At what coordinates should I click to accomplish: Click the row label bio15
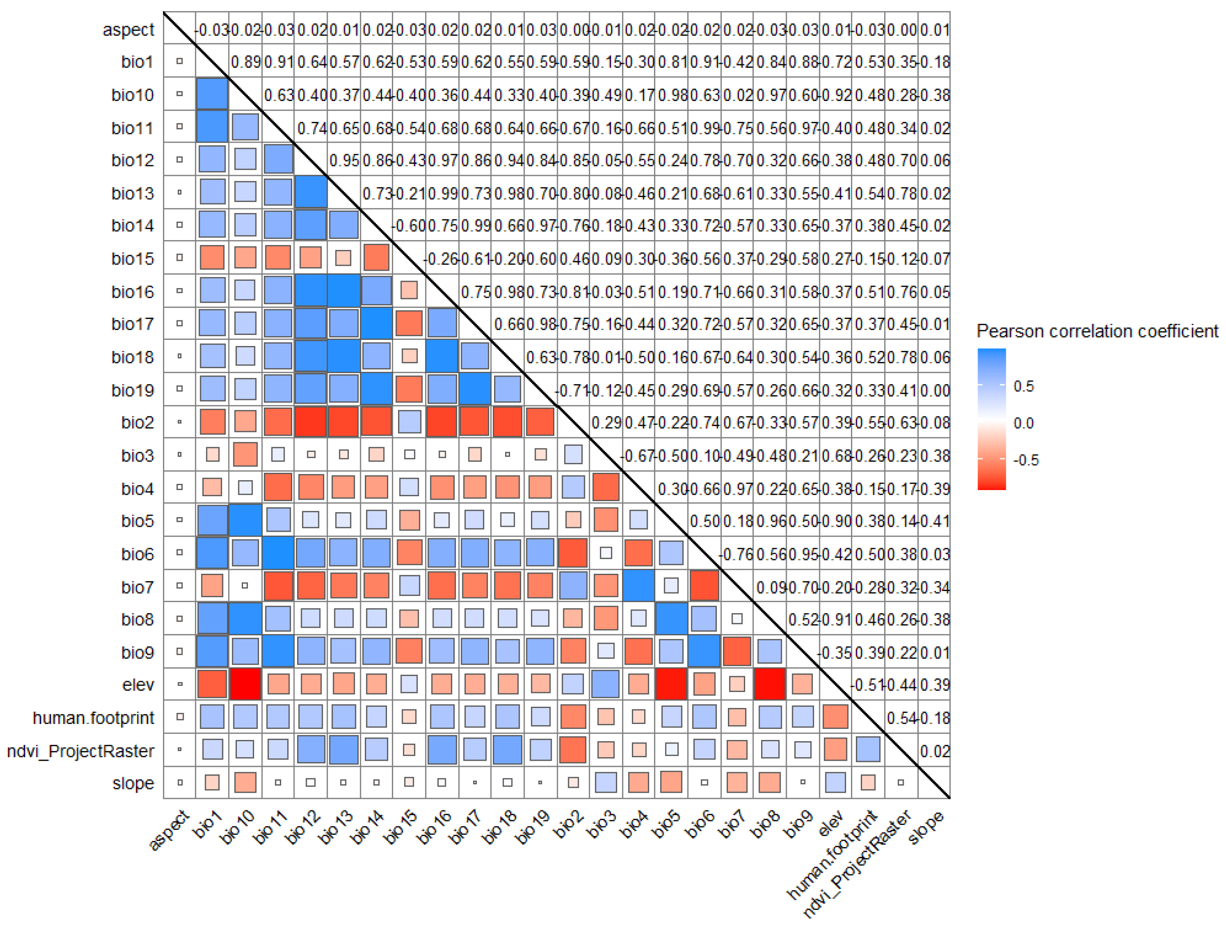pyautogui.click(x=132, y=258)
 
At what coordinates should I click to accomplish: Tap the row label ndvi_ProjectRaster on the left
pyautogui.click(x=81, y=751)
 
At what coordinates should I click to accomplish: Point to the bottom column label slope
pyautogui.click(x=927, y=826)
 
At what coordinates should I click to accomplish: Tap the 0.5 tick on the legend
pyautogui.click(x=1023, y=386)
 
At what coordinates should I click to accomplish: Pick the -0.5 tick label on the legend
pyautogui.click(x=1025, y=460)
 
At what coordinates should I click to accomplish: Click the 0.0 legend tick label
pyautogui.click(x=1023, y=423)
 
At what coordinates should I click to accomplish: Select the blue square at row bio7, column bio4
pyautogui.click(x=638, y=586)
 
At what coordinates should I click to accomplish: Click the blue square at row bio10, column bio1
pyautogui.click(x=212, y=94)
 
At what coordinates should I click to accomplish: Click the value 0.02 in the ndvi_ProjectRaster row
pyautogui.click(x=935, y=751)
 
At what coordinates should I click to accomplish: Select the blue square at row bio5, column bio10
pyautogui.click(x=245, y=520)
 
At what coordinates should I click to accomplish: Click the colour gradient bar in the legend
pyautogui.click(x=991, y=419)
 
